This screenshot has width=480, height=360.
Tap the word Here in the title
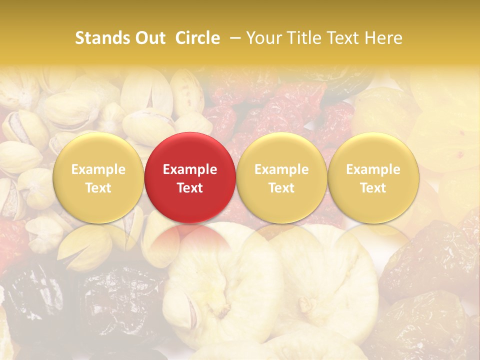click(x=383, y=38)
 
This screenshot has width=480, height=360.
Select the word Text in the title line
click(x=345, y=38)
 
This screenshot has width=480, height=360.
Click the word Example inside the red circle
click(x=190, y=169)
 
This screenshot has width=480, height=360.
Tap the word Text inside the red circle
click(x=190, y=188)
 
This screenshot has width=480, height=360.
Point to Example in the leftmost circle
click(x=98, y=169)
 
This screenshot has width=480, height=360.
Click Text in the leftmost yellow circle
click(x=98, y=188)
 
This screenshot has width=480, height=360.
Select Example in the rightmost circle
click(x=373, y=169)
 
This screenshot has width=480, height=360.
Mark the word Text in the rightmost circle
click(x=373, y=188)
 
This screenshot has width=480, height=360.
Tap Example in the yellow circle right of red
click(x=281, y=169)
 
